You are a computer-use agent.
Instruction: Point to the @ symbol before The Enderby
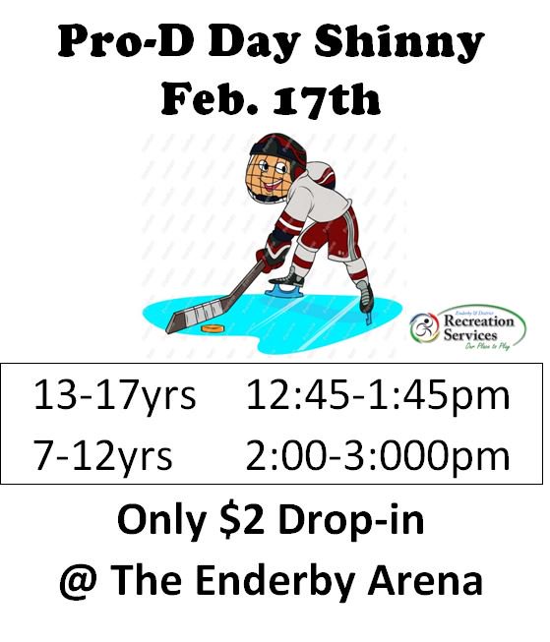click(77, 581)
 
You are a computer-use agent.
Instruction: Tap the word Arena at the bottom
click(429, 581)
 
